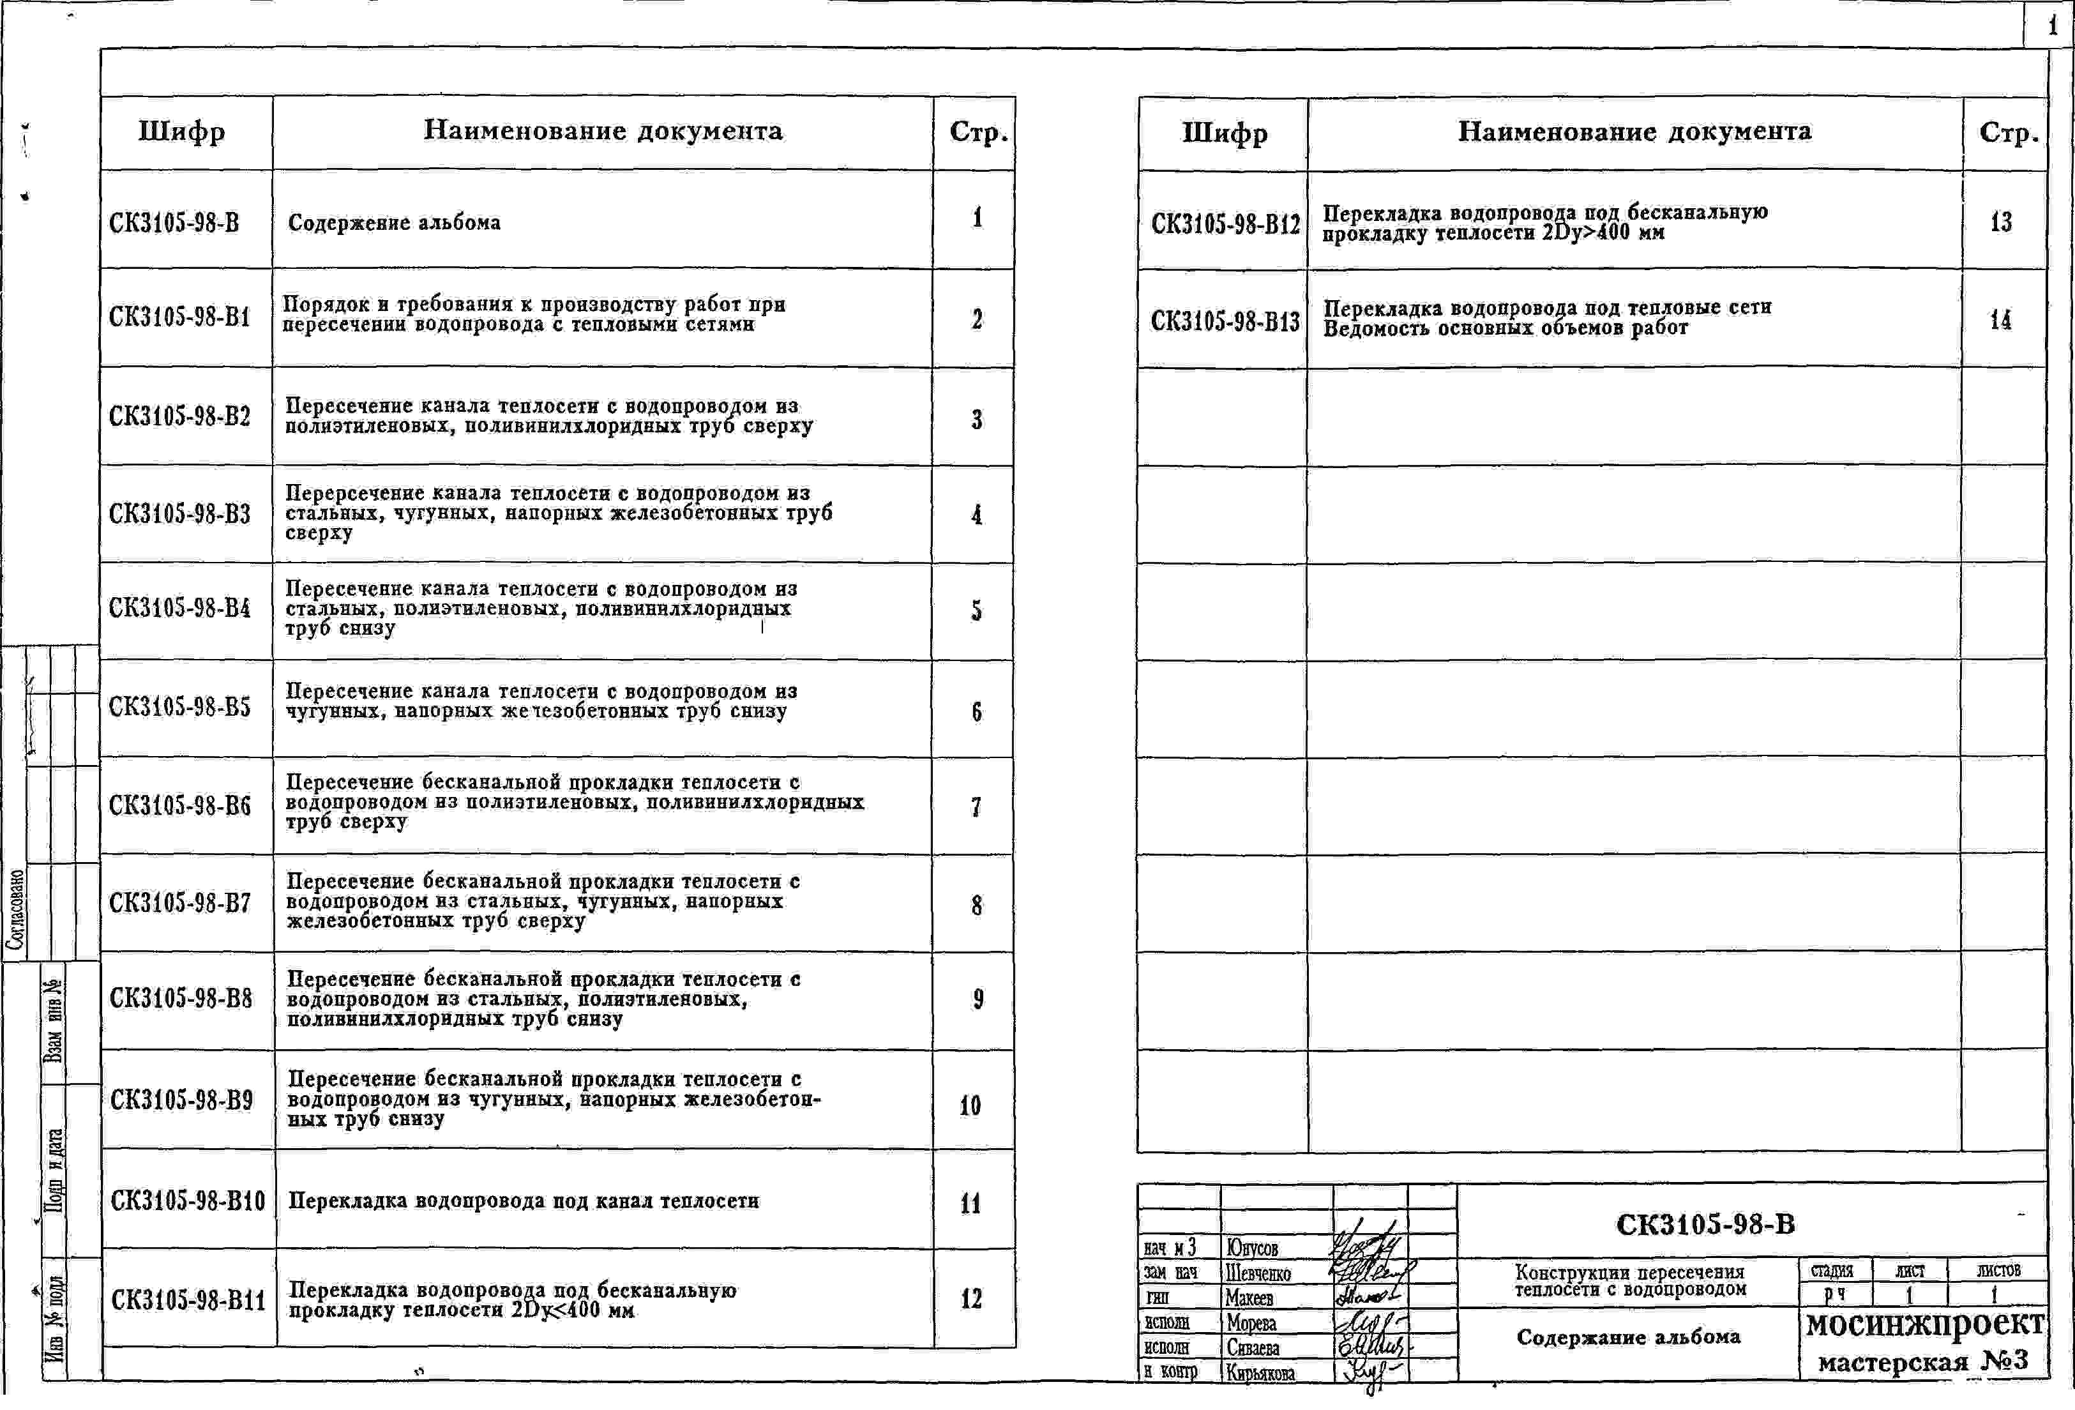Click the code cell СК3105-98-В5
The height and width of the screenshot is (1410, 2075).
179,706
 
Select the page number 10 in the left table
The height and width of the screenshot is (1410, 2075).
970,1105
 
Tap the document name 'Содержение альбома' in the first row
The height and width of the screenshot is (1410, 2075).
394,222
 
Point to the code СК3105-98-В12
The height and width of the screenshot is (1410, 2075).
1225,224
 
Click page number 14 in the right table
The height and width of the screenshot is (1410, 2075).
2000,320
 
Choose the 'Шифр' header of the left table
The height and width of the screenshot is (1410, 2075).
181,132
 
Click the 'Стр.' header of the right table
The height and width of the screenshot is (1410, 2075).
2008,133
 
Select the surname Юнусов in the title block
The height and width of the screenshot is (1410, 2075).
1253,1247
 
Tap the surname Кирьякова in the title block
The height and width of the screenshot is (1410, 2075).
1260,1372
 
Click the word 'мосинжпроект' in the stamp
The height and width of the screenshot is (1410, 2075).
1924,1323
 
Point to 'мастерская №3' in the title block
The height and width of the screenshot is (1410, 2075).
1923,1361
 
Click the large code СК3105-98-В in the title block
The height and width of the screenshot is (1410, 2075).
1705,1224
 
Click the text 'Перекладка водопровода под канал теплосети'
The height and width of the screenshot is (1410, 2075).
523,1201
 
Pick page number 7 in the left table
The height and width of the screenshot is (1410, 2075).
976,807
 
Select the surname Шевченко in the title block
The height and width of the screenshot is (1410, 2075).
1258,1273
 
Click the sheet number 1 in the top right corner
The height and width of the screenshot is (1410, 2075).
2053,26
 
